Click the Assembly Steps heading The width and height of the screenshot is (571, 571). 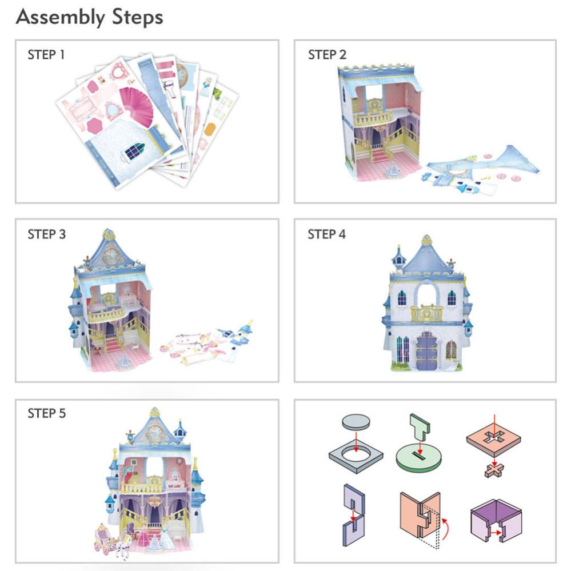89,17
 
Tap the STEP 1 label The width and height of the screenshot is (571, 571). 46,55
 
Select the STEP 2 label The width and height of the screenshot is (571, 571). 327,55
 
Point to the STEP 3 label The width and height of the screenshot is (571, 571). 46,234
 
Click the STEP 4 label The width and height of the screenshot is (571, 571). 327,234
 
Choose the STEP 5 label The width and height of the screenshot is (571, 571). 46,413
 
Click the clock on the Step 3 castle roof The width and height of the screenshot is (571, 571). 110,255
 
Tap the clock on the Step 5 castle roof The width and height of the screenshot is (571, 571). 155,433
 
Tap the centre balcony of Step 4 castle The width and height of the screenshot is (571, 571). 426,313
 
